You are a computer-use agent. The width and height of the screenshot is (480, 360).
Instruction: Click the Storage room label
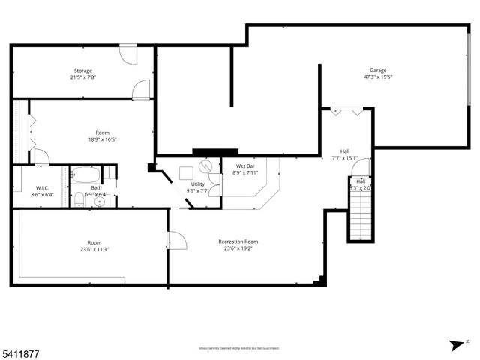[82, 70]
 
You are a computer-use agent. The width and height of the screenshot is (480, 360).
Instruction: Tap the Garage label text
[378, 70]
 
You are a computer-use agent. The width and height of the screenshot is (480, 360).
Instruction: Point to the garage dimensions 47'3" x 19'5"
[378, 76]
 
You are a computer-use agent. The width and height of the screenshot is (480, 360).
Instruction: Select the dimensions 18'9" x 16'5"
[102, 139]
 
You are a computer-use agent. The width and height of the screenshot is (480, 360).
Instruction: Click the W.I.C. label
[42, 188]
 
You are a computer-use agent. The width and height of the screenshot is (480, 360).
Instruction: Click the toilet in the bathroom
[79, 199]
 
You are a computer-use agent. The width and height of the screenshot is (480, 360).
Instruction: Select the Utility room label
[198, 184]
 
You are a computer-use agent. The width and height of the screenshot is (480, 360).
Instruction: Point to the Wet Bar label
[247, 166]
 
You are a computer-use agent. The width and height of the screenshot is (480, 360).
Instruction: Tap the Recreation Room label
[238, 241]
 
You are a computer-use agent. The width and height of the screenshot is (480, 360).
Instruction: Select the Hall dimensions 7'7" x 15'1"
[345, 157]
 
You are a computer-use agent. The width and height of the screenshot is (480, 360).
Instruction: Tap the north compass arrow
[454, 345]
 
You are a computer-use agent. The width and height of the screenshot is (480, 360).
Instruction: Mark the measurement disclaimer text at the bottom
[239, 348]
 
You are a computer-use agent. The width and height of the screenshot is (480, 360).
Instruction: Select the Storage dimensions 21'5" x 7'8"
[82, 76]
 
